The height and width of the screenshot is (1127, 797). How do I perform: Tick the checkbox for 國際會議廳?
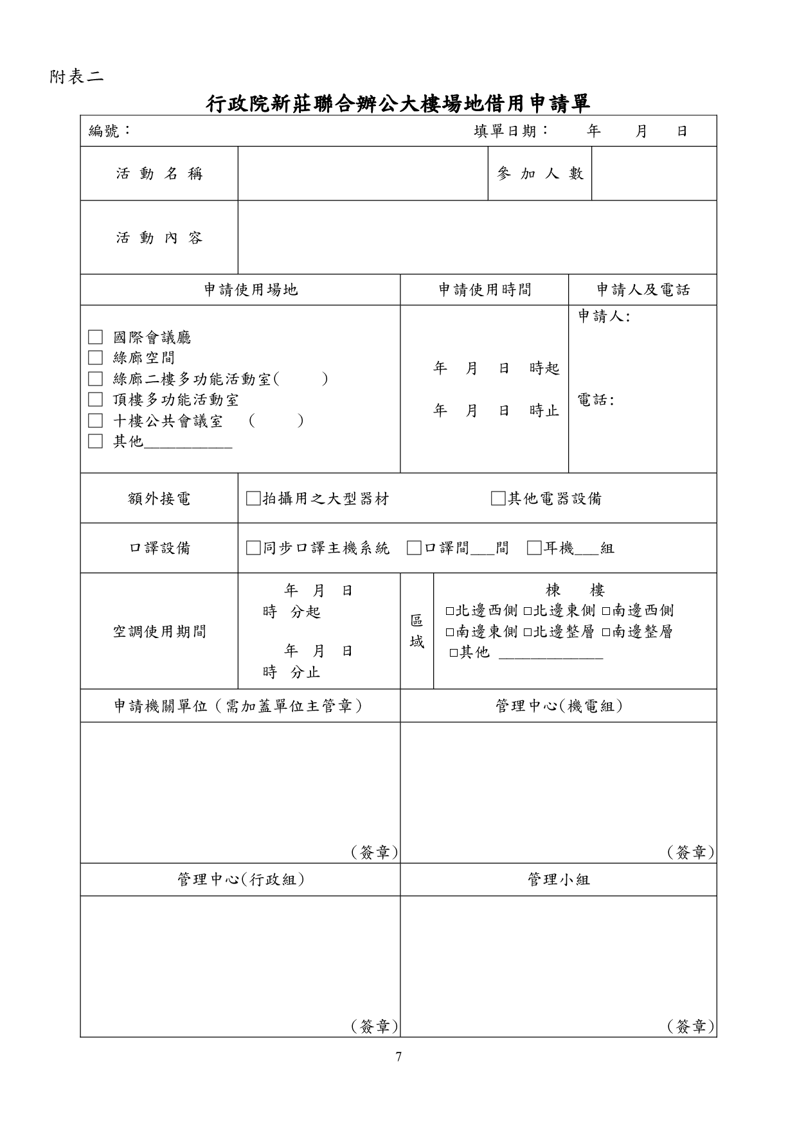pyautogui.click(x=95, y=337)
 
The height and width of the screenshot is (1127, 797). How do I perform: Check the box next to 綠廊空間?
pyautogui.click(x=95, y=358)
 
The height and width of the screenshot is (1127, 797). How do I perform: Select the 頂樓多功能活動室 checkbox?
pyautogui.click(x=95, y=400)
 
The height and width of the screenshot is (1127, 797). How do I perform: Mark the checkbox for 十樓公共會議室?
pyautogui.click(x=95, y=421)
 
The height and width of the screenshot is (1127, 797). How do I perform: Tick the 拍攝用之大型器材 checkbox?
pyautogui.click(x=253, y=499)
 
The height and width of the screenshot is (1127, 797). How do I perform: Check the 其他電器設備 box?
pyautogui.click(x=498, y=499)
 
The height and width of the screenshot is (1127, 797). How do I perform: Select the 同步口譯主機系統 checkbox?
pyautogui.click(x=253, y=548)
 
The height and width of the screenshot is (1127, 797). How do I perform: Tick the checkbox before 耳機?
pyautogui.click(x=534, y=548)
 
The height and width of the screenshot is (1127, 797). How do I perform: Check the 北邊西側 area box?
pyautogui.click(x=450, y=610)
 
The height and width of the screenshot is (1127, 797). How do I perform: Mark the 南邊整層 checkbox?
pyautogui.click(x=606, y=632)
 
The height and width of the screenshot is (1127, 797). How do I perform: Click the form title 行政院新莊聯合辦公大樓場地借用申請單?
pyautogui.click(x=398, y=103)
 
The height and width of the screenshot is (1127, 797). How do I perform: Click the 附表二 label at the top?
pyautogui.click(x=76, y=77)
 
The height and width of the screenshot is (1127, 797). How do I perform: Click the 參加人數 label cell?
pyautogui.click(x=540, y=173)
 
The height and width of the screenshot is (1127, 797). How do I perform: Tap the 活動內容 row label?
pyautogui.click(x=159, y=238)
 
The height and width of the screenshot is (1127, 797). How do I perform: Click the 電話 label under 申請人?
pyautogui.click(x=595, y=400)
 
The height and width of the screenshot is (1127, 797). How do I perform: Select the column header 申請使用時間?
pyautogui.click(x=485, y=290)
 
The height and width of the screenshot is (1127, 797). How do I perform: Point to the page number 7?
pyautogui.click(x=398, y=1056)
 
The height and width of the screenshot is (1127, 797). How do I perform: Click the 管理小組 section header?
pyautogui.click(x=558, y=880)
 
